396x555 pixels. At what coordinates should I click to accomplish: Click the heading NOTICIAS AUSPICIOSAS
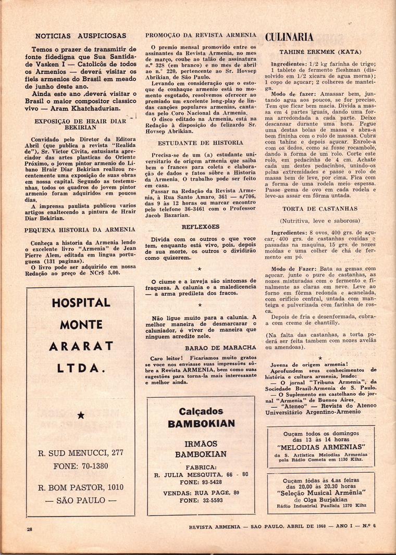click(x=80, y=36)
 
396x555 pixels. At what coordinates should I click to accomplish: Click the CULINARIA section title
click(x=289, y=36)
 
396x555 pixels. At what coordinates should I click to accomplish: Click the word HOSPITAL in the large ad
click(x=80, y=302)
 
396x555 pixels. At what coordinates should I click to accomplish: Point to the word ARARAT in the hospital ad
click(x=80, y=347)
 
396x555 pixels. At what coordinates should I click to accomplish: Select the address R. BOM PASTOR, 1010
click(x=80, y=487)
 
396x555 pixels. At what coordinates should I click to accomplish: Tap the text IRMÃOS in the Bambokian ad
click(x=201, y=444)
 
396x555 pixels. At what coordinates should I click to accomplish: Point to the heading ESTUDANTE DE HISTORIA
click(x=201, y=142)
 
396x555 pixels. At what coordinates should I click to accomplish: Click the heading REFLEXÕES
click(x=201, y=227)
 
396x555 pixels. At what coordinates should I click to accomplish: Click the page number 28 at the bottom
click(x=30, y=529)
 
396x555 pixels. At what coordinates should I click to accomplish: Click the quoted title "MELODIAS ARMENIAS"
click(x=321, y=447)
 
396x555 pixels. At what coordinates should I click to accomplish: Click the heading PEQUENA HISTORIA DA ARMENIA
click(x=79, y=230)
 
